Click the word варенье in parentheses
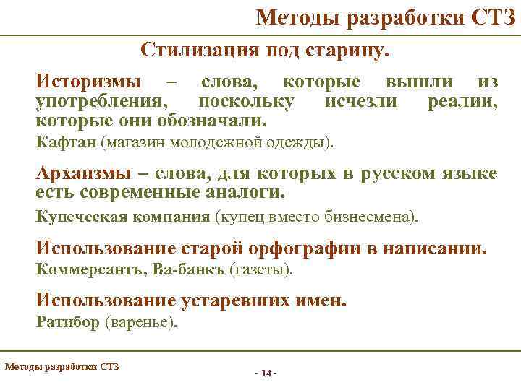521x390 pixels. coord(140,323)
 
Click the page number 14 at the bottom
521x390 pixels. coord(266,373)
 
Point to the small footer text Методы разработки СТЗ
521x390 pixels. coord(62,366)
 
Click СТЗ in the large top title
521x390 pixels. coord(494,17)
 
